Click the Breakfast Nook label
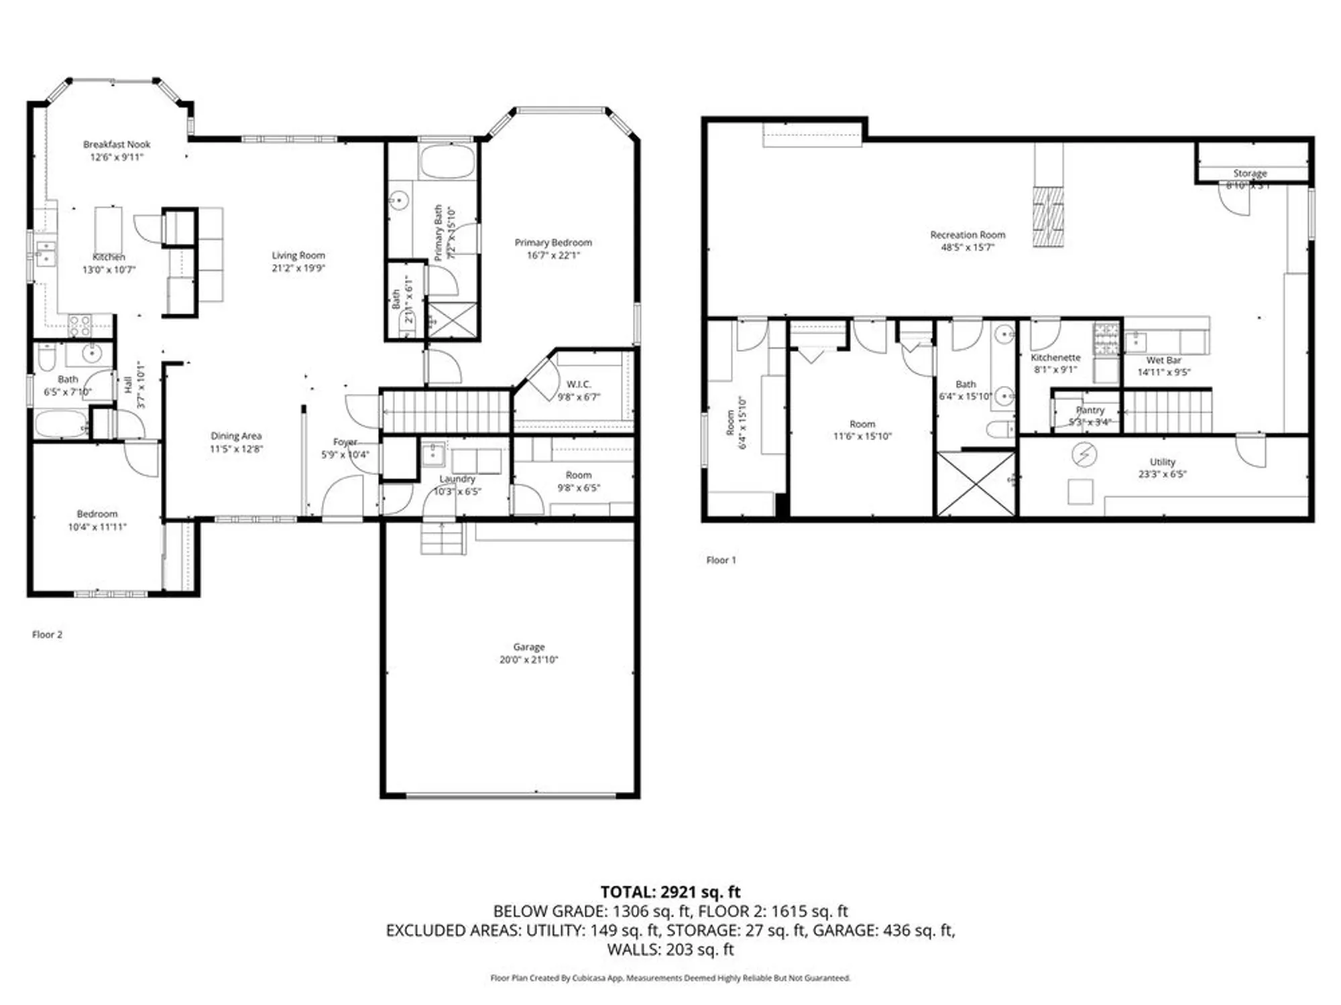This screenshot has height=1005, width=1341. [117, 144]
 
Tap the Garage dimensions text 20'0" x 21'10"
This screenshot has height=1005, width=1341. [528, 660]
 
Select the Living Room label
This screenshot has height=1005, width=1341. [298, 255]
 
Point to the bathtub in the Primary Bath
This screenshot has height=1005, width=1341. [447, 161]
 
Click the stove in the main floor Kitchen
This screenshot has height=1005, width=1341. [80, 326]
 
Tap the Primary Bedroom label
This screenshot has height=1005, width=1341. [553, 243]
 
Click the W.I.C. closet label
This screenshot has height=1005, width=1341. [578, 384]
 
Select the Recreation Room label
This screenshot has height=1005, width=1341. [968, 235]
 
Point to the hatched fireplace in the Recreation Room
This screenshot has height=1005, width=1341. [1048, 216]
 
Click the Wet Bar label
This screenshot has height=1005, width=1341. [1163, 360]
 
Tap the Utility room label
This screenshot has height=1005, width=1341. [1162, 462]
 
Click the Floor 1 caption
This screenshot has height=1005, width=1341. [721, 560]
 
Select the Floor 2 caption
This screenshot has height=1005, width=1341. [47, 634]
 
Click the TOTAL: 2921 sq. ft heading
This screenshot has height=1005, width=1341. [670, 892]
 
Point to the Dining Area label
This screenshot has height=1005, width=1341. [236, 436]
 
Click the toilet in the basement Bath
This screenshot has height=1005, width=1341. [1001, 429]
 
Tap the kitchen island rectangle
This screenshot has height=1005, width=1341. [109, 229]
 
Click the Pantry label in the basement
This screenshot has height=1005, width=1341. [1090, 410]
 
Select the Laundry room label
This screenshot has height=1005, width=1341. [457, 479]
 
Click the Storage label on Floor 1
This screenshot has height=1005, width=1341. [1250, 174]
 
